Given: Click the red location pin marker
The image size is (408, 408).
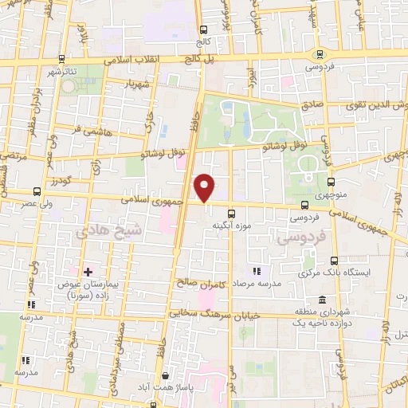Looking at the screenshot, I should click(206, 187).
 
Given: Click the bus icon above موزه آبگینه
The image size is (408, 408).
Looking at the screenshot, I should click(231, 214).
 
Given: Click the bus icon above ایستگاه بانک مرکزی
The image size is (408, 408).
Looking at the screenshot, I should click(335, 261).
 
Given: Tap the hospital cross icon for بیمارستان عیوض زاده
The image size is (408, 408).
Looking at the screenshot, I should click(88, 273).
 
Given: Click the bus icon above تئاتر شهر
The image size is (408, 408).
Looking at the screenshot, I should click(61, 60).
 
